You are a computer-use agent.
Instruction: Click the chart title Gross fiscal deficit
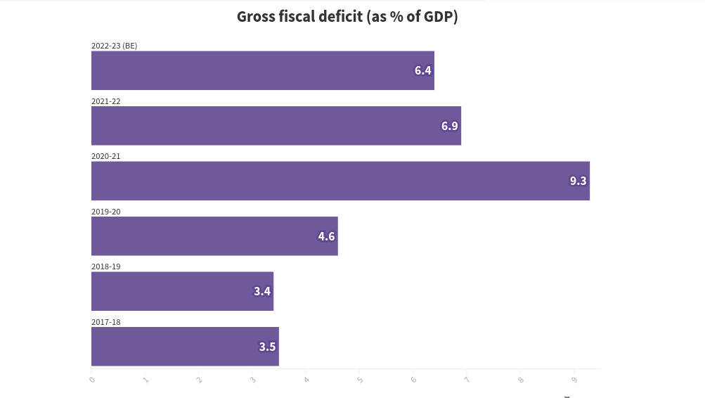[347, 17]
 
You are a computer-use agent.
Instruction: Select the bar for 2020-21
[340, 181]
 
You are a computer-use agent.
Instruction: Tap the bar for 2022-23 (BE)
[262, 70]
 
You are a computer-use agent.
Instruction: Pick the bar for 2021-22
[276, 126]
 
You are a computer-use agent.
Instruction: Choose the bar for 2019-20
[214, 236]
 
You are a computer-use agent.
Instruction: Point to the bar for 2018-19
[182, 291]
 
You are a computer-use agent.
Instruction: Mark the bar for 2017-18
[185, 347]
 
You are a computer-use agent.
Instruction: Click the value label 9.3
[578, 181]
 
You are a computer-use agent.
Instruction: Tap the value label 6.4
[422, 70]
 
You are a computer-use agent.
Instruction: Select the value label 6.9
[449, 126]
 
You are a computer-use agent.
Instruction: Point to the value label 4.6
[326, 236]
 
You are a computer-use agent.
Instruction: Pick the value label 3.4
[261, 291]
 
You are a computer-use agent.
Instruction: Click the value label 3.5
[267, 347]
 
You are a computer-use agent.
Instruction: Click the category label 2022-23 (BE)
[114, 46]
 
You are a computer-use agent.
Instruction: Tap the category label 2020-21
[106, 156]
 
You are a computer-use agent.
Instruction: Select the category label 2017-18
[106, 322]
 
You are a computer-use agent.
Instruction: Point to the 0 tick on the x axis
[92, 380]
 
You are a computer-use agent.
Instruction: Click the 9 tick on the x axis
[574, 380]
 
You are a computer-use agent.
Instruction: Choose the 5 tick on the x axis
[360, 380]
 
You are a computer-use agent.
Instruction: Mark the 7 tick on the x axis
[467, 380]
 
